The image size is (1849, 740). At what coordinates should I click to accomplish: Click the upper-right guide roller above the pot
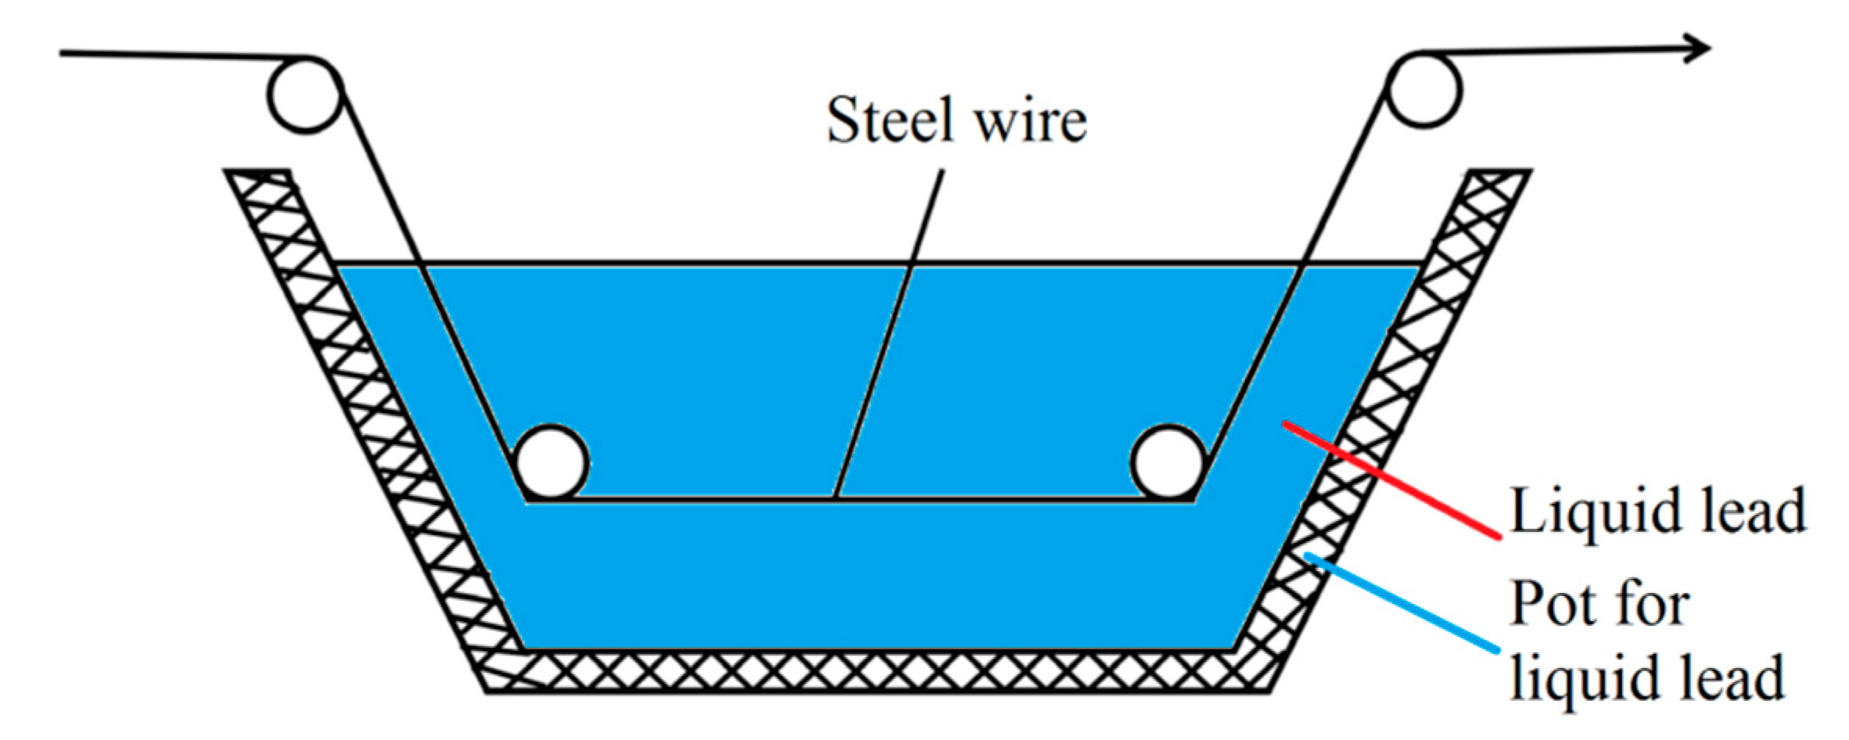point(1424,90)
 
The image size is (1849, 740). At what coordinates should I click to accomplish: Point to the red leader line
point(1392,480)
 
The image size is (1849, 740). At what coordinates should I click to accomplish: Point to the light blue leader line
point(1400,602)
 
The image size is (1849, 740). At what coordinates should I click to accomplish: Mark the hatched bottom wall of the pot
point(876,671)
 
